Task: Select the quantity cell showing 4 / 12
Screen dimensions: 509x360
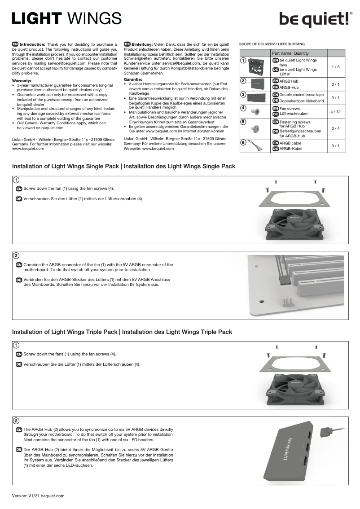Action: tap(335, 112)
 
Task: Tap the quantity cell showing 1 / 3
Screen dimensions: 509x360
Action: tap(335, 67)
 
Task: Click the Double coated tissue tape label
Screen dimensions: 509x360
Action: tap(301, 95)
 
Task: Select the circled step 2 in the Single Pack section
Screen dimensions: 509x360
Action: tap(16, 256)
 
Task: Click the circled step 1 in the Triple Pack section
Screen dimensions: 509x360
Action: tap(16, 345)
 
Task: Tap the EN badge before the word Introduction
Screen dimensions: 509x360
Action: tap(15, 44)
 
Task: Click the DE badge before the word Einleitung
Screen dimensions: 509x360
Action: tap(127, 44)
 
